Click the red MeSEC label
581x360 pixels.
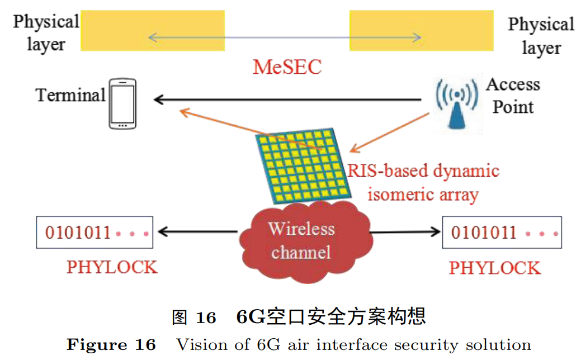287,67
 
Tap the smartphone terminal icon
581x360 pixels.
122,104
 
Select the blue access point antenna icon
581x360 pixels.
457,104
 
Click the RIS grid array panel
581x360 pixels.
304,165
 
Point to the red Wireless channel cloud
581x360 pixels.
305,241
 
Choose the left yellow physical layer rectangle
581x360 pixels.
153,30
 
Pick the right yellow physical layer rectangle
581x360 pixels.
421,30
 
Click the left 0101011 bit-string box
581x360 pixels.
95,232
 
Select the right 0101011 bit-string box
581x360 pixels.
502,232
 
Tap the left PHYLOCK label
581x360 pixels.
112,267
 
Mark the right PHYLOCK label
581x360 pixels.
495,268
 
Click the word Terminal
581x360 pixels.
70,95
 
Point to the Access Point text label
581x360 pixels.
513,96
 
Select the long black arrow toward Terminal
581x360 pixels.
287,100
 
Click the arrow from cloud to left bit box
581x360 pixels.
198,231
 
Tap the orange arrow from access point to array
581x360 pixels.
389,132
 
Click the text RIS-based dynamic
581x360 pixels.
423,171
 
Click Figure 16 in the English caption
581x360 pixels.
111,345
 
